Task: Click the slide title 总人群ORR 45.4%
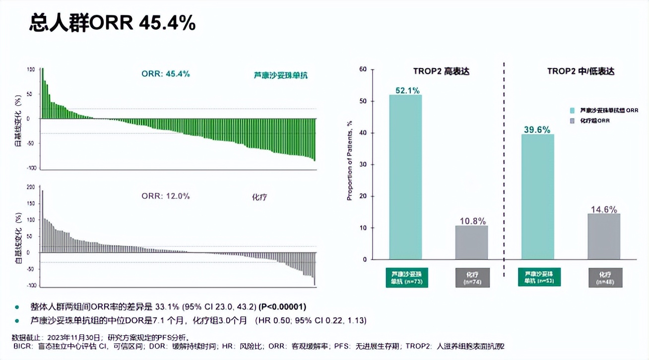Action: pyautogui.click(x=113, y=23)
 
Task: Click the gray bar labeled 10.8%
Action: pyautogui.click(x=471, y=242)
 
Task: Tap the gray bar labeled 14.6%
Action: pyautogui.click(x=604, y=237)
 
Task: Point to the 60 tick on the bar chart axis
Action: pyautogui.click(x=362, y=69)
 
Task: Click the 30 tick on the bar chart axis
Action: pyautogui.click(x=362, y=165)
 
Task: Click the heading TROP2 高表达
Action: pyautogui.click(x=441, y=71)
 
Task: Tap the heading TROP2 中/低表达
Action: pyautogui.click(x=581, y=71)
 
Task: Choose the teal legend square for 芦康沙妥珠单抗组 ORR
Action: pyautogui.click(x=572, y=111)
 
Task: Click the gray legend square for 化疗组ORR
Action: pyautogui.click(x=572, y=120)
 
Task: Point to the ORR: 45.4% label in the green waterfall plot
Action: pyautogui.click(x=166, y=74)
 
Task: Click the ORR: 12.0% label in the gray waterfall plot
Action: pyautogui.click(x=166, y=196)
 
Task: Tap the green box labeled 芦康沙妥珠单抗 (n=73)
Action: pyautogui.click(x=407, y=278)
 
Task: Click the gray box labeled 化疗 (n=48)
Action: pyautogui.click(x=604, y=278)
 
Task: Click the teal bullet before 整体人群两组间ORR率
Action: pyautogui.click(x=17, y=307)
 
